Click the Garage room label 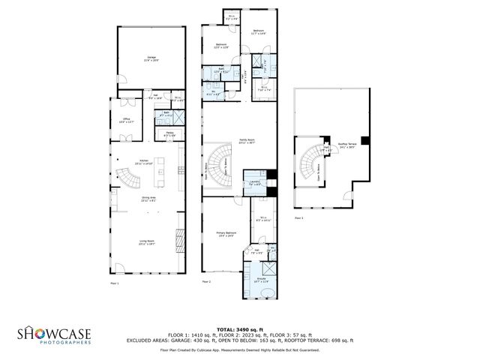[147, 58]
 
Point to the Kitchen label [142, 161]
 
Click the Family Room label [247, 141]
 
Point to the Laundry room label [256, 182]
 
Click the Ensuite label [262, 280]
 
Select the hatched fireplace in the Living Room [178, 241]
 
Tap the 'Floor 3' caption [298, 217]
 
